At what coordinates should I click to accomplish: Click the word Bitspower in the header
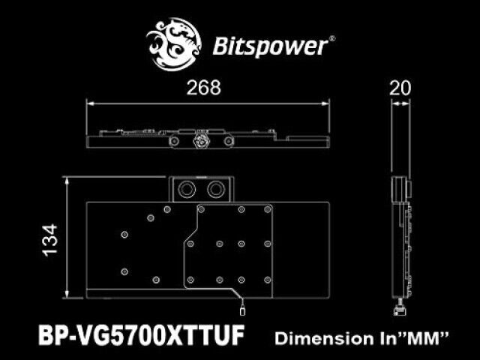click(x=270, y=46)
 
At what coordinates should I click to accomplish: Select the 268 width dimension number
click(x=203, y=88)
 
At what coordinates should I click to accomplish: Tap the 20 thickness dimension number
click(x=400, y=88)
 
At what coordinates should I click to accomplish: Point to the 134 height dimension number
click(x=50, y=240)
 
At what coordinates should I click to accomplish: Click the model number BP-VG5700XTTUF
click(x=142, y=335)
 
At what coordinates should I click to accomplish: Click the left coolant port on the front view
click(x=187, y=189)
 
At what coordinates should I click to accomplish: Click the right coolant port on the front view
click(x=216, y=189)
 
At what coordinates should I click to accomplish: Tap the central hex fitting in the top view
click(x=201, y=140)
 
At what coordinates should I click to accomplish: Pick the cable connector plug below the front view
click(x=242, y=310)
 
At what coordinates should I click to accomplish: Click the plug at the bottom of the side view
click(x=400, y=310)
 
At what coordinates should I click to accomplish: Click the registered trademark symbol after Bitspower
click(x=331, y=39)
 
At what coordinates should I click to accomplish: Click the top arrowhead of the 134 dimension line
click(x=67, y=181)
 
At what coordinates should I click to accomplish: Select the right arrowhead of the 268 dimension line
click(x=326, y=103)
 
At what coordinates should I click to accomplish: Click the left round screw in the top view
click(x=174, y=141)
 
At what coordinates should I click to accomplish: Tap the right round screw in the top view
click(x=228, y=141)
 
